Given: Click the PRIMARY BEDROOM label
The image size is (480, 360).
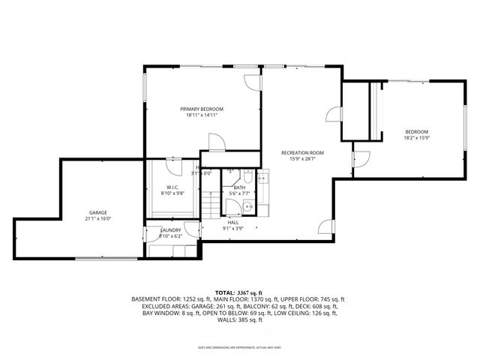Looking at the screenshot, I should pyautogui.click(x=201, y=109).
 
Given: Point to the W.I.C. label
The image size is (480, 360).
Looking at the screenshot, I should pyautogui.click(x=172, y=187).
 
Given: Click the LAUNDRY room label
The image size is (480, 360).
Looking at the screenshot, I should pyautogui.click(x=170, y=230).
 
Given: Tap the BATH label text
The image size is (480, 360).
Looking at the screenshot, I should pyautogui.click(x=238, y=187).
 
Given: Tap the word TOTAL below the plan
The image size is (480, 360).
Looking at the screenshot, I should pyautogui.click(x=224, y=291).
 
